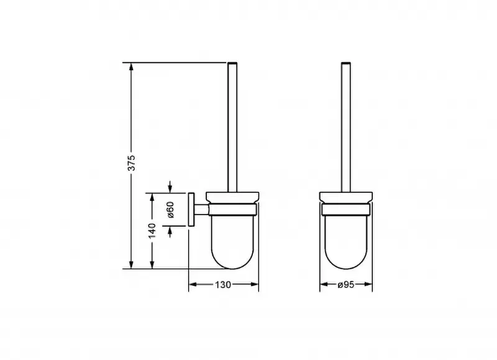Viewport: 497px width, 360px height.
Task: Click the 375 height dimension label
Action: (132, 163)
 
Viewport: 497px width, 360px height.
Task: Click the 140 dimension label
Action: (152, 231)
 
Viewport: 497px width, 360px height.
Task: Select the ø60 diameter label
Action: (170, 210)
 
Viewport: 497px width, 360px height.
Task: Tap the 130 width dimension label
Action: (223, 285)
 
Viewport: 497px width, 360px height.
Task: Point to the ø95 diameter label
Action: (346, 285)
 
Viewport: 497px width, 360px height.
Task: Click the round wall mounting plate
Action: (191, 210)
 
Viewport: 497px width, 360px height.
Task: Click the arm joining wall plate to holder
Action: (201, 210)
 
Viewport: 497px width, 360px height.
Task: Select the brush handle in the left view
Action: (232, 127)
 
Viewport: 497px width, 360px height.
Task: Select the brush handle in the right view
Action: (346, 127)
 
